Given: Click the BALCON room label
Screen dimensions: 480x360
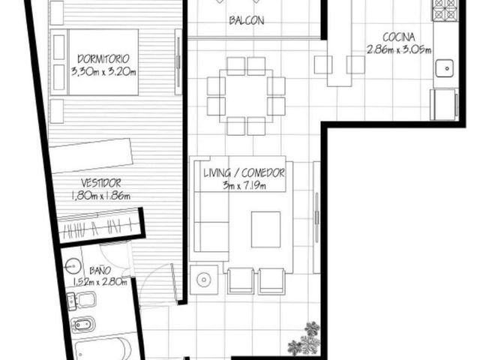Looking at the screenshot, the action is click(247, 20).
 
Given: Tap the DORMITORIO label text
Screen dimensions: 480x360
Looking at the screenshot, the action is click(103, 58).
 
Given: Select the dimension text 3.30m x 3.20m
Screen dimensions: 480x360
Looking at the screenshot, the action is click(103, 72).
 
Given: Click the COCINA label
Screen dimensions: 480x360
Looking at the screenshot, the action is click(399, 37).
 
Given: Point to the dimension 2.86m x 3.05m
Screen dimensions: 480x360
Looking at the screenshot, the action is click(399, 49).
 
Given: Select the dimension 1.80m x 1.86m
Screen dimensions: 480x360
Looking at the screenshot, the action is click(101, 196).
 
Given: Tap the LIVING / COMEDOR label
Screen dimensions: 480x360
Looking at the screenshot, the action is click(244, 173).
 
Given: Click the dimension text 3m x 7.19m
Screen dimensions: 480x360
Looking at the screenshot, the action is click(244, 185).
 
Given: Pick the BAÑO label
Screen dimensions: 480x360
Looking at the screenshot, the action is click(100, 270).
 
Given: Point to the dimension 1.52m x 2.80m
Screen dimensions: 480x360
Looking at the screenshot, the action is click(100, 282).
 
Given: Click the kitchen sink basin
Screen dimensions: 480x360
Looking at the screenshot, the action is click(445, 68).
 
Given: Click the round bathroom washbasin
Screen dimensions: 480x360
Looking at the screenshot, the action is click(73, 265).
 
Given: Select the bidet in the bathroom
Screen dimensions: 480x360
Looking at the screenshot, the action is click(82, 325).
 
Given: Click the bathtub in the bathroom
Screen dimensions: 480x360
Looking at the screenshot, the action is click(103, 349).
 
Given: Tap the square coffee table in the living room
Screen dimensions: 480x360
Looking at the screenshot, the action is click(265, 229).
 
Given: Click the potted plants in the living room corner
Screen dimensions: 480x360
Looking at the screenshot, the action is click(304, 339).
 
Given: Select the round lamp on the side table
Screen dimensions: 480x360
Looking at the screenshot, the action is click(203, 280).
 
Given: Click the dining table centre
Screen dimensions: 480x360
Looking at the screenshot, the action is click(246, 96).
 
